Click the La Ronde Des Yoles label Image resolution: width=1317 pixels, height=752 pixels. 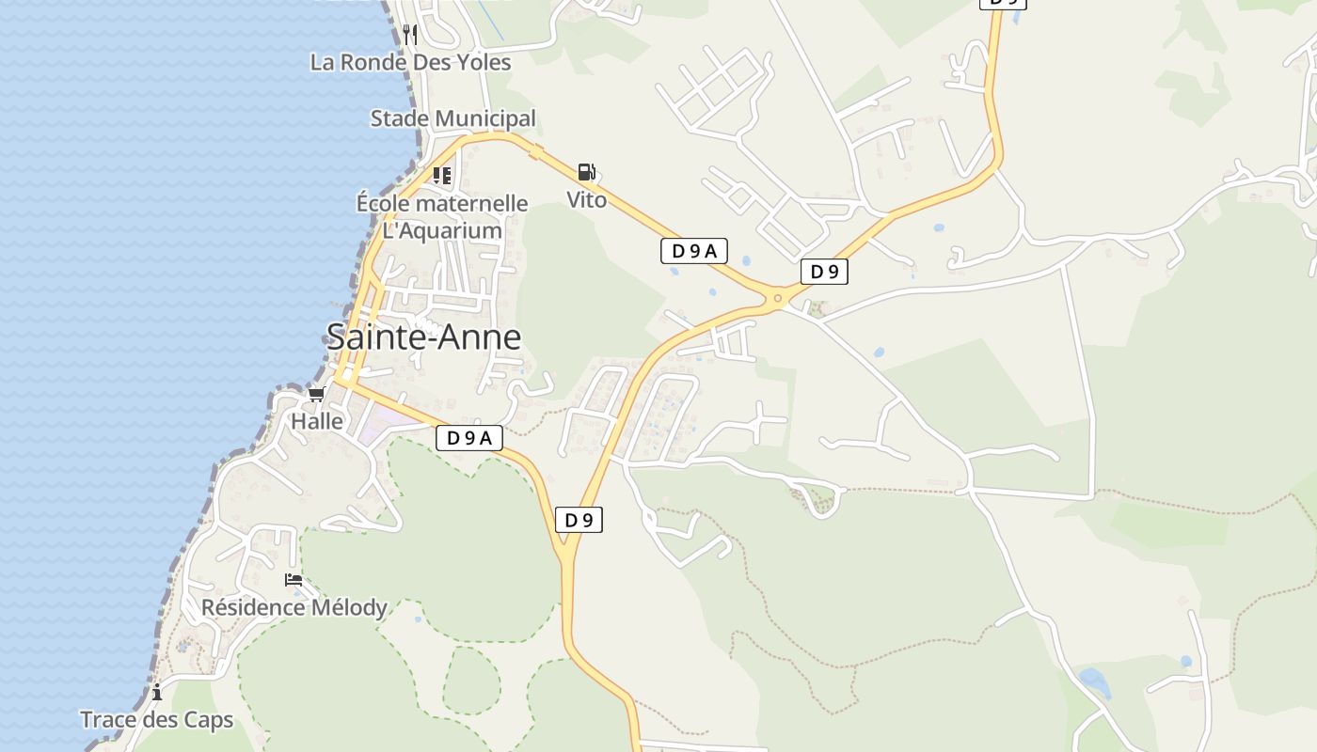tap(410, 62)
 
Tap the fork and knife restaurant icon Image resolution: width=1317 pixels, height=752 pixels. tap(409, 35)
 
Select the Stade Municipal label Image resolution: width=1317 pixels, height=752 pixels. tap(452, 118)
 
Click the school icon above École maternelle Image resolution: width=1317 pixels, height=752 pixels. tap(442, 175)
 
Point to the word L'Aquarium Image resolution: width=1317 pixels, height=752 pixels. tap(442, 230)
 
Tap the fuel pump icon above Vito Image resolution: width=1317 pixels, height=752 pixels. tap(586, 172)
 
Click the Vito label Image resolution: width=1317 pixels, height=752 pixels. tap(586, 199)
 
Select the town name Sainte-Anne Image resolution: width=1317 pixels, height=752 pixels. tap(423, 337)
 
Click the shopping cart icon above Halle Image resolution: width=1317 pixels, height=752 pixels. tap(316, 395)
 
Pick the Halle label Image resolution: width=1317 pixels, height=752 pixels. tap(317, 421)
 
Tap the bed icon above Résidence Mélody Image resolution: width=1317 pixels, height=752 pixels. tap(294, 580)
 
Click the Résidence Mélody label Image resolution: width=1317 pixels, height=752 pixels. tap(294, 607)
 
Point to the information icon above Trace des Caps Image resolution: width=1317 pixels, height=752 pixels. tap(156, 693)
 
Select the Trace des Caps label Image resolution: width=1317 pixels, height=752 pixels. tap(156, 720)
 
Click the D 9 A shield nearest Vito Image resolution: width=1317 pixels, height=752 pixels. tap(694, 251)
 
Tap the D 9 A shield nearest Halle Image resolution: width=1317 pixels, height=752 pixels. tap(469, 437)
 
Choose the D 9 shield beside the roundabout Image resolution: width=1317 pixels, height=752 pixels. tap(824, 272)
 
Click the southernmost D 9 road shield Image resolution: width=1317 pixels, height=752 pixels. tap(579, 520)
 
